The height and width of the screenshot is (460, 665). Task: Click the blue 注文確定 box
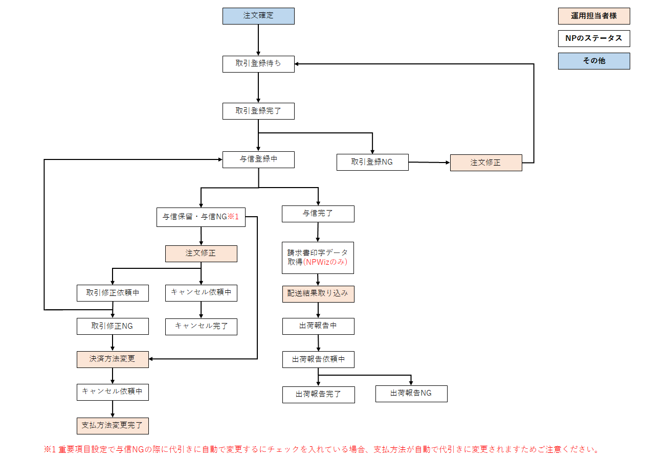(x=258, y=16)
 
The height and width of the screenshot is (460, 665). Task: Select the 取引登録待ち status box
(x=258, y=64)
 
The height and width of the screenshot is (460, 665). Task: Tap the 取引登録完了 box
(x=258, y=111)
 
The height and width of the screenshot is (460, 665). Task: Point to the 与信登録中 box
(x=258, y=159)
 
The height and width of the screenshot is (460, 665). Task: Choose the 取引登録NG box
(x=372, y=162)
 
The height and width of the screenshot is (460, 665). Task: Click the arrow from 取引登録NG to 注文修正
(x=429, y=163)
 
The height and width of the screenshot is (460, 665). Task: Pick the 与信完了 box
(x=318, y=214)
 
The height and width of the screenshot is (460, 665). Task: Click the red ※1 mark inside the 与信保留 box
(x=233, y=217)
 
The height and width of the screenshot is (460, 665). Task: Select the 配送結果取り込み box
(x=318, y=293)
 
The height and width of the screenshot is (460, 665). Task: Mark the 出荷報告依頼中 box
(x=318, y=359)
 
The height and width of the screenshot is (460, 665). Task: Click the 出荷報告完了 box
(x=318, y=395)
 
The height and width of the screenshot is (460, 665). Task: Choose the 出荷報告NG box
(x=411, y=394)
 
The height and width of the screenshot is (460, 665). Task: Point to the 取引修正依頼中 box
(x=113, y=293)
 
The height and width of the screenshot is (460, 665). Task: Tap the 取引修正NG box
(x=113, y=326)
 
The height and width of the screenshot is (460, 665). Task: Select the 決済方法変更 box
(x=113, y=359)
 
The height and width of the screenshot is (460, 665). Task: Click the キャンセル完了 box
(x=201, y=326)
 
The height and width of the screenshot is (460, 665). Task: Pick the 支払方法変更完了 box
(x=113, y=425)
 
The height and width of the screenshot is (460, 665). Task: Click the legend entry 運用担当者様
(x=593, y=16)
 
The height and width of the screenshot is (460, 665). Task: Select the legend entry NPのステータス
(x=593, y=38)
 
